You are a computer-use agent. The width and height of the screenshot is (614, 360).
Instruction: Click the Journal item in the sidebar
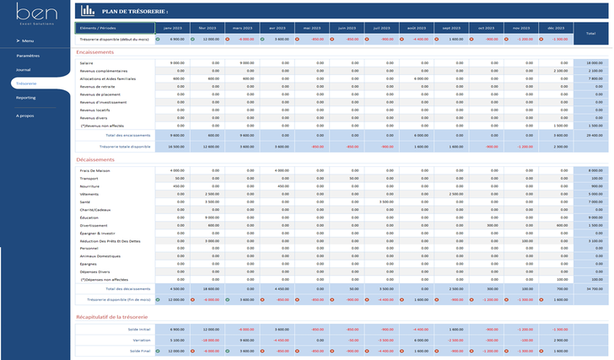pyautogui.click(x=24, y=69)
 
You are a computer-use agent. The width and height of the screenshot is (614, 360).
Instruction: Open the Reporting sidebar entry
pyautogui.click(x=25, y=97)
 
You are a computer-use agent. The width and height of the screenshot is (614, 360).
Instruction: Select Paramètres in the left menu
pyautogui.click(x=28, y=56)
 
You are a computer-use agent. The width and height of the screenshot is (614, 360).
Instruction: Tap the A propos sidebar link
pyautogui.click(x=25, y=116)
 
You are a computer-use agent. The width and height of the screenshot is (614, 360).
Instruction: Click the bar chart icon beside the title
pyautogui.click(x=88, y=11)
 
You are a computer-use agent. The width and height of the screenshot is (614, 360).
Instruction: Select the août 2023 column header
pyautogui.click(x=416, y=29)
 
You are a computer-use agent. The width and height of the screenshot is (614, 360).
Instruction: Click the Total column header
pyautogui.click(x=588, y=32)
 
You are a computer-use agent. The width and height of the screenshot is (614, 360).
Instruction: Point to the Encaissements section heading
pyautogui.click(x=95, y=51)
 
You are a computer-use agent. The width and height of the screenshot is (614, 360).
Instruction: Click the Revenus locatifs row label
pyautogui.click(x=95, y=110)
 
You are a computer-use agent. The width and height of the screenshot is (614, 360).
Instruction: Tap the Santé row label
pyautogui.click(x=85, y=201)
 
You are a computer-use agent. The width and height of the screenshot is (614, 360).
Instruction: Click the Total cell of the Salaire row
pyautogui.click(x=588, y=62)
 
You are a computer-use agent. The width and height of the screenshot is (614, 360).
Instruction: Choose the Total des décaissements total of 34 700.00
pyautogui.click(x=588, y=288)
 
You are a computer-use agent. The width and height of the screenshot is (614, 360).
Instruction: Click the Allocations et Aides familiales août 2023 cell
pyautogui.click(x=416, y=78)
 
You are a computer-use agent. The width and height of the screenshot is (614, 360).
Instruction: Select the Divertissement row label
pyautogui.click(x=93, y=225)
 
